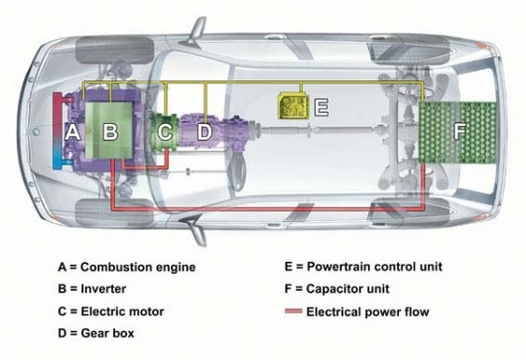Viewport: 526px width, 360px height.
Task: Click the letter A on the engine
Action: tap(72, 132)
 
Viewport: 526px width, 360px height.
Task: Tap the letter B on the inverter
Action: tap(110, 131)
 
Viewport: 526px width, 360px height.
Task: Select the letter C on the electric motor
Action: tap(165, 131)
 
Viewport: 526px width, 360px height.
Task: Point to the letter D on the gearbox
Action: tap(204, 131)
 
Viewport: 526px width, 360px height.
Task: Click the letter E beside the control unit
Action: tap(321, 107)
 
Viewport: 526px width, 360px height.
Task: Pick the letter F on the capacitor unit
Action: tap(460, 131)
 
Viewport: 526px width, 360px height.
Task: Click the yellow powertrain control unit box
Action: tap(293, 106)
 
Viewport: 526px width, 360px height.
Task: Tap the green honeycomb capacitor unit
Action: tap(458, 133)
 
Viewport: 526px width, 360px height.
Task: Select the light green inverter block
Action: tap(109, 130)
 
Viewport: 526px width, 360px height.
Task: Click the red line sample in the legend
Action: tap(294, 311)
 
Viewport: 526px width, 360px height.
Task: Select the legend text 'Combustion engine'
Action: tap(138, 267)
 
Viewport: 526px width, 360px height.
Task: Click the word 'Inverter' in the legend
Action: tap(103, 289)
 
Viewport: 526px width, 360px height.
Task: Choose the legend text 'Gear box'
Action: tap(107, 333)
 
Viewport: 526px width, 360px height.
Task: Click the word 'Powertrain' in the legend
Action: tap(338, 267)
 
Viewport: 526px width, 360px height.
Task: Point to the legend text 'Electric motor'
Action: tap(122, 311)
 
